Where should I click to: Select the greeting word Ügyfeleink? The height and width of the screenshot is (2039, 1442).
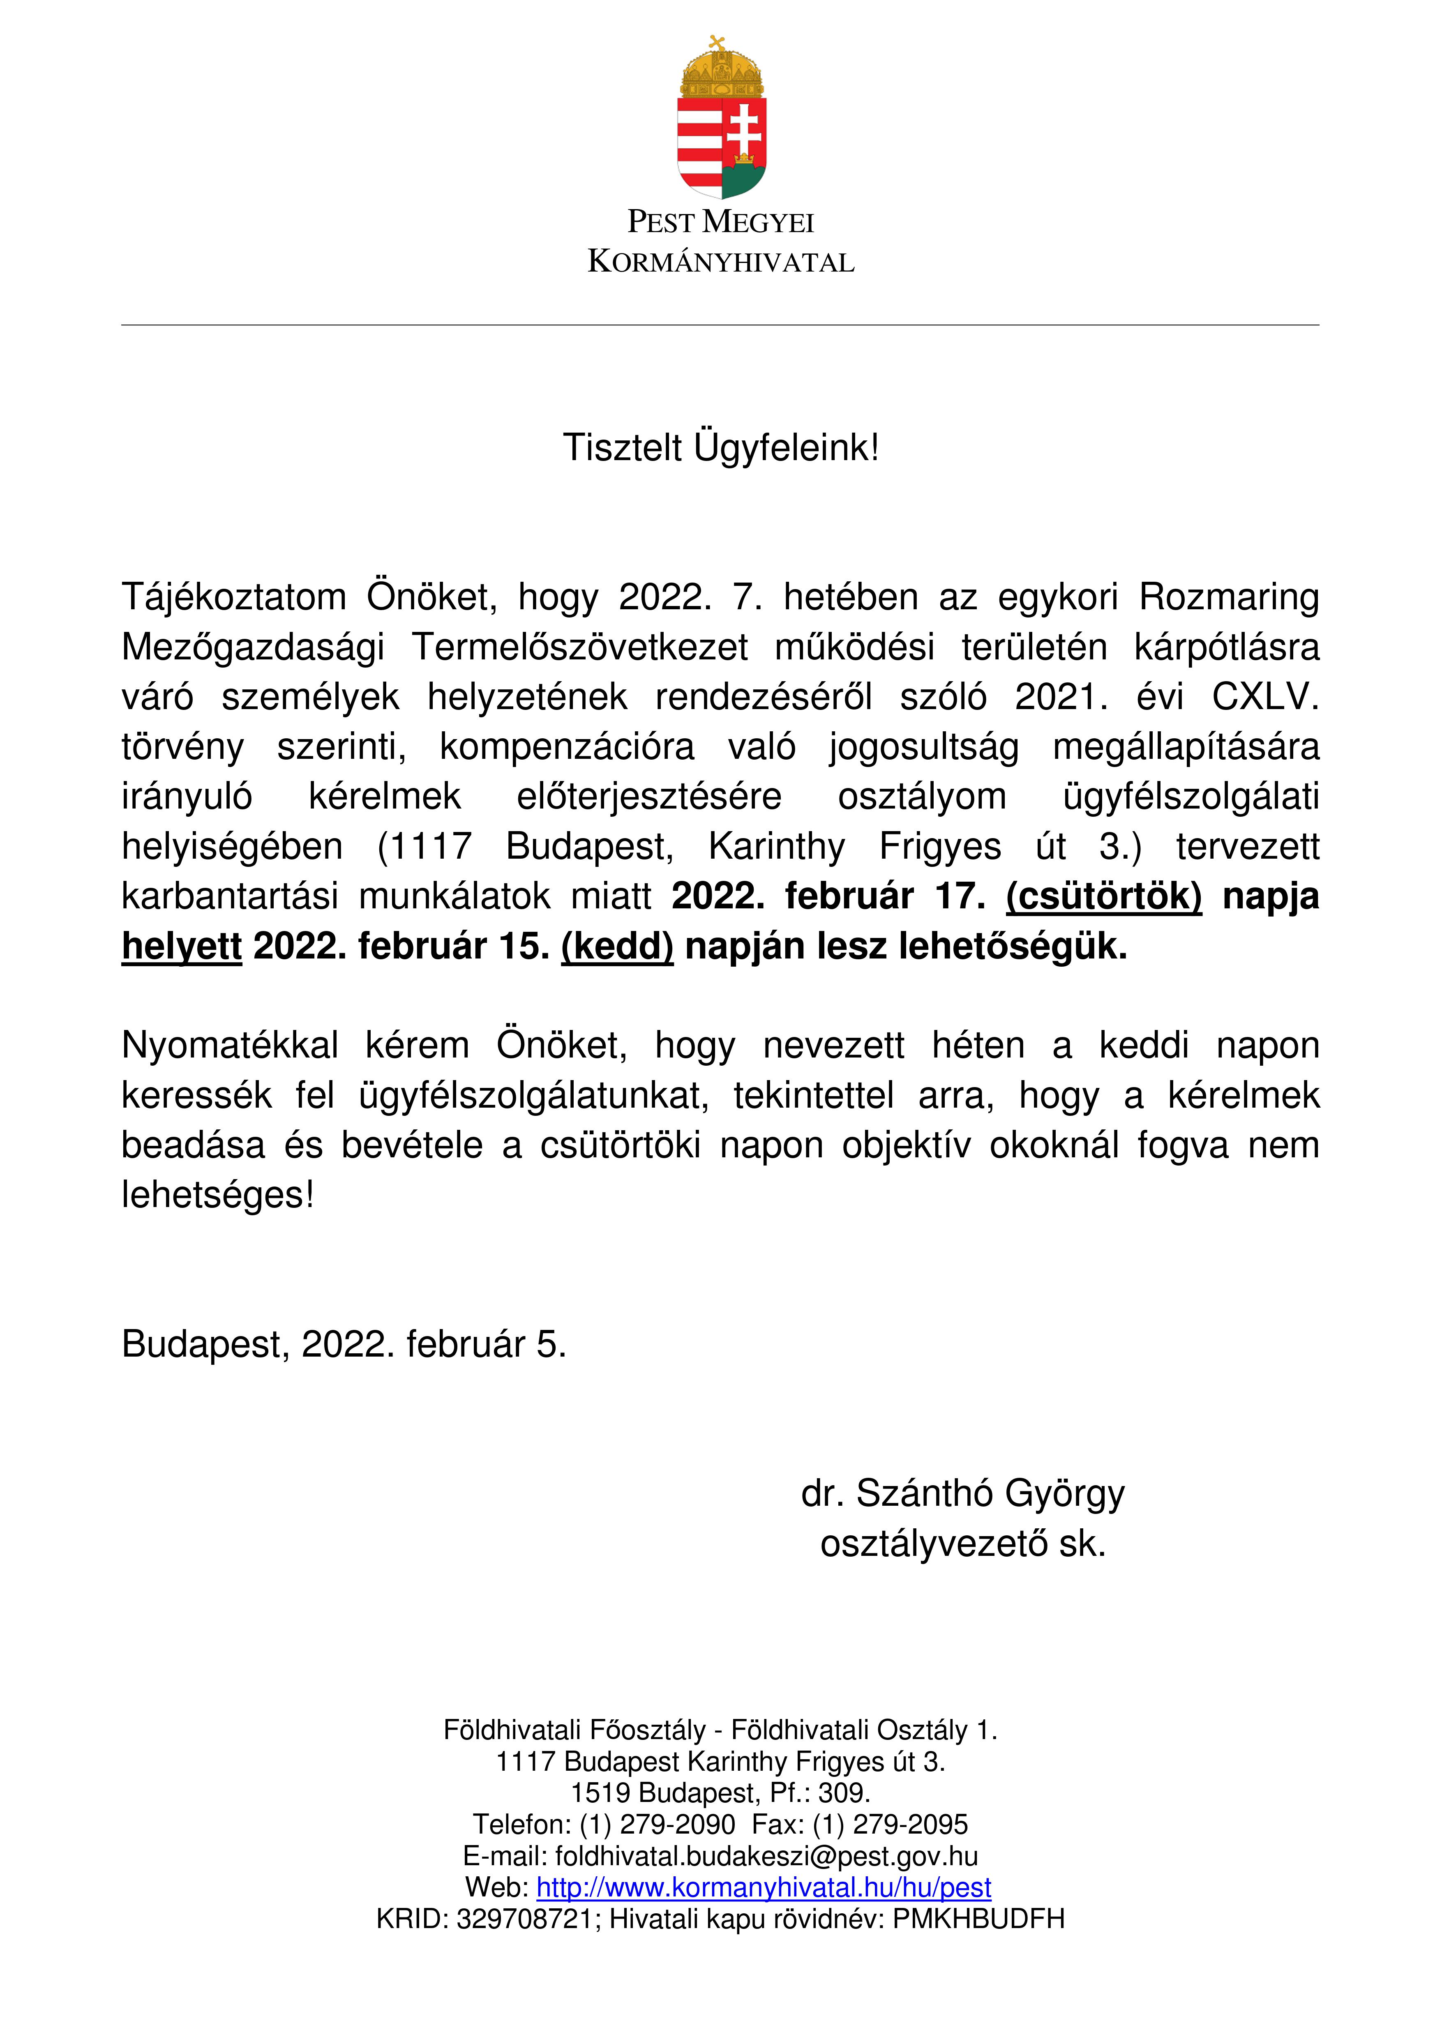786,447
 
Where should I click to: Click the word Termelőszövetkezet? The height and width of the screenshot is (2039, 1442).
579,647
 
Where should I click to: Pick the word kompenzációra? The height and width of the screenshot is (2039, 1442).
567,747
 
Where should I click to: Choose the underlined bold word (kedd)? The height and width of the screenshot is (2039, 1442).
618,947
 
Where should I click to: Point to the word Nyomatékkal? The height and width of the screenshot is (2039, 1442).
230,1046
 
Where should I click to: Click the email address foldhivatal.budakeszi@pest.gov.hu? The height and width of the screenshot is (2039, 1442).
766,1856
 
